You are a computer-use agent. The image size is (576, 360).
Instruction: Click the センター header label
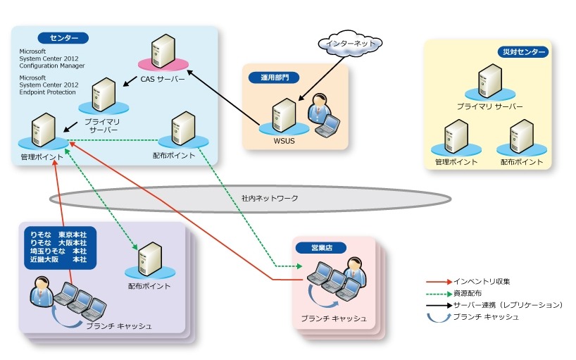click(64, 37)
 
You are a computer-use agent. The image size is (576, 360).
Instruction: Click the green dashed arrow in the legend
click(439, 293)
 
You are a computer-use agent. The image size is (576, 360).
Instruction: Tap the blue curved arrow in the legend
click(439, 317)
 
